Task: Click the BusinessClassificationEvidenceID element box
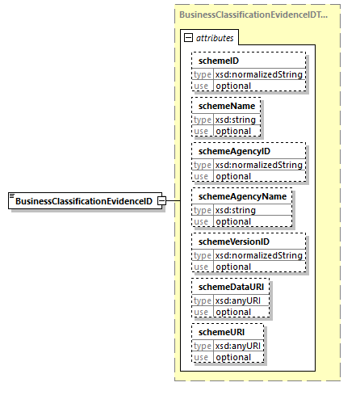point(83,200)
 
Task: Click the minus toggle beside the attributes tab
point(188,37)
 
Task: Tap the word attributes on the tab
point(214,37)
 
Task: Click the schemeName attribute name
point(220,106)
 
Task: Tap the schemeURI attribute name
point(217,332)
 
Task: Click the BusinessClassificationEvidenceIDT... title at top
point(253,15)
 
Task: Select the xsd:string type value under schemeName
point(233,119)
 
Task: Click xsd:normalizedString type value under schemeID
point(258,74)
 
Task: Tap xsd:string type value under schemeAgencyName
point(233,209)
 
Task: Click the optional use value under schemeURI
point(232,356)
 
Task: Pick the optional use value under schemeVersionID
point(232,266)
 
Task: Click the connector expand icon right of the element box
point(161,200)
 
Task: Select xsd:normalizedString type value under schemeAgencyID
point(258,164)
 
